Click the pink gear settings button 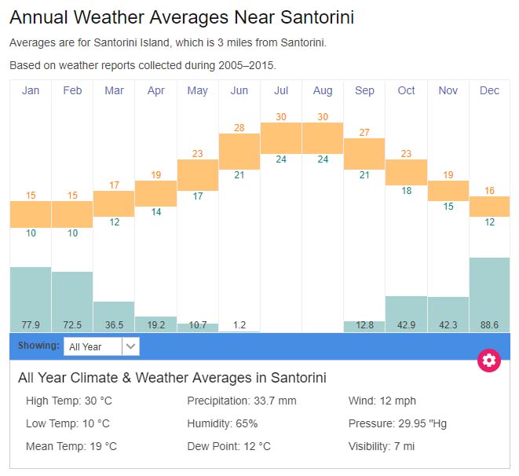click(x=489, y=361)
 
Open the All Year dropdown click(x=101, y=346)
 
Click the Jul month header click(x=281, y=91)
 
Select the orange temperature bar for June click(x=239, y=152)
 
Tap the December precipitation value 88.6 click(x=489, y=325)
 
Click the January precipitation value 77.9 click(x=31, y=325)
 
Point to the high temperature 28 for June click(x=239, y=128)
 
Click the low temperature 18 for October click(x=406, y=191)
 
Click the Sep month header click(x=364, y=91)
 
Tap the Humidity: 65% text click(x=222, y=423)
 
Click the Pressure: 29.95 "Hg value click(x=397, y=423)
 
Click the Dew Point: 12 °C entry click(x=228, y=446)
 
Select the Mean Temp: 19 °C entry click(x=71, y=446)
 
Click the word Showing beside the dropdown click(x=38, y=346)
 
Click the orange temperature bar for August click(x=323, y=138)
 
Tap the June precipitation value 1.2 click(x=239, y=325)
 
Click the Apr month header click(x=156, y=91)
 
